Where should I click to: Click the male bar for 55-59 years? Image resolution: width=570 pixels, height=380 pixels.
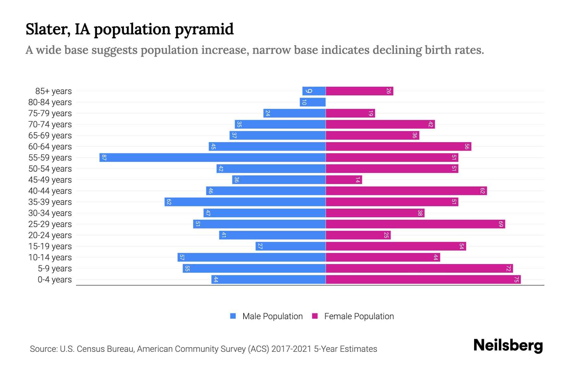click(212, 157)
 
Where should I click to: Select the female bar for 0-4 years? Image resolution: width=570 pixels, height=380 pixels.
click(423, 279)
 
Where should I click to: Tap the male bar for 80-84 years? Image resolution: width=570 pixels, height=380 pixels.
click(313, 102)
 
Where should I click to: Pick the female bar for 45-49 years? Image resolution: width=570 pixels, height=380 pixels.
click(344, 180)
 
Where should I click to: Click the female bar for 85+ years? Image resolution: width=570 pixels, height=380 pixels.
click(359, 91)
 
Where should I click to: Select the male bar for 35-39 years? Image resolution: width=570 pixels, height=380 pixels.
click(245, 202)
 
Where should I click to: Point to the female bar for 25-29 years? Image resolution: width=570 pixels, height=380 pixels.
click(415, 224)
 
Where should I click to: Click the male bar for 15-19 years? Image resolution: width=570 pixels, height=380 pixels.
click(290, 246)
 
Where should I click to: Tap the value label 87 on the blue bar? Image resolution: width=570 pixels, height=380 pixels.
click(104, 157)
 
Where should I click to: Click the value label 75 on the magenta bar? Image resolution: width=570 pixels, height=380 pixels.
click(516, 279)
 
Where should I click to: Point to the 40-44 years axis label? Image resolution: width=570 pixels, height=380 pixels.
click(50, 191)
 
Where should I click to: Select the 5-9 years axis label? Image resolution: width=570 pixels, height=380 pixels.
click(55, 269)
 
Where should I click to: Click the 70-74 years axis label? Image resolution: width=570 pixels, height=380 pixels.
click(50, 124)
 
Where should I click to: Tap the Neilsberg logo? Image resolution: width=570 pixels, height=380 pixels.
click(508, 345)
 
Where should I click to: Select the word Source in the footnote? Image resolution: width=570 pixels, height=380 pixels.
click(43, 349)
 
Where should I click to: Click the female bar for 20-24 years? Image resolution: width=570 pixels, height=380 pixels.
click(358, 235)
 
